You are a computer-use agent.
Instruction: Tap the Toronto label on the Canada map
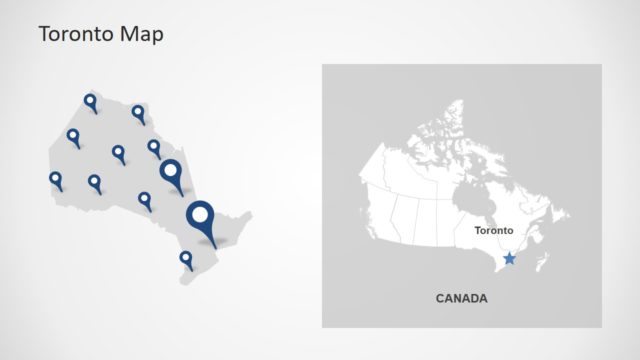click(x=493, y=231)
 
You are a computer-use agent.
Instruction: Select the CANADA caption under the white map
click(x=462, y=298)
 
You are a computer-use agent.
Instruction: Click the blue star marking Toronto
click(x=510, y=258)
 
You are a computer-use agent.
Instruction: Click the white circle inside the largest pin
click(x=202, y=215)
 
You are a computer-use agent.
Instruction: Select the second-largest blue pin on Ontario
click(x=172, y=175)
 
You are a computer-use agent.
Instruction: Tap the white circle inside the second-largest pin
click(x=171, y=170)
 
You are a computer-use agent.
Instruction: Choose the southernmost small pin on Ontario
click(x=186, y=259)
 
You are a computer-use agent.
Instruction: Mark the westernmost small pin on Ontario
click(x=56, y=180)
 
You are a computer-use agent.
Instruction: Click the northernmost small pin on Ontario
click(x=90, y=101)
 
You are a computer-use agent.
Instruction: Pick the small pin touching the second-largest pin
click(x=154, y=148)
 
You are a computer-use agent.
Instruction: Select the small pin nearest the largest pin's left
click(x=145, y=200)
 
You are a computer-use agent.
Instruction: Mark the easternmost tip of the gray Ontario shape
click(x=251, y=214)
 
